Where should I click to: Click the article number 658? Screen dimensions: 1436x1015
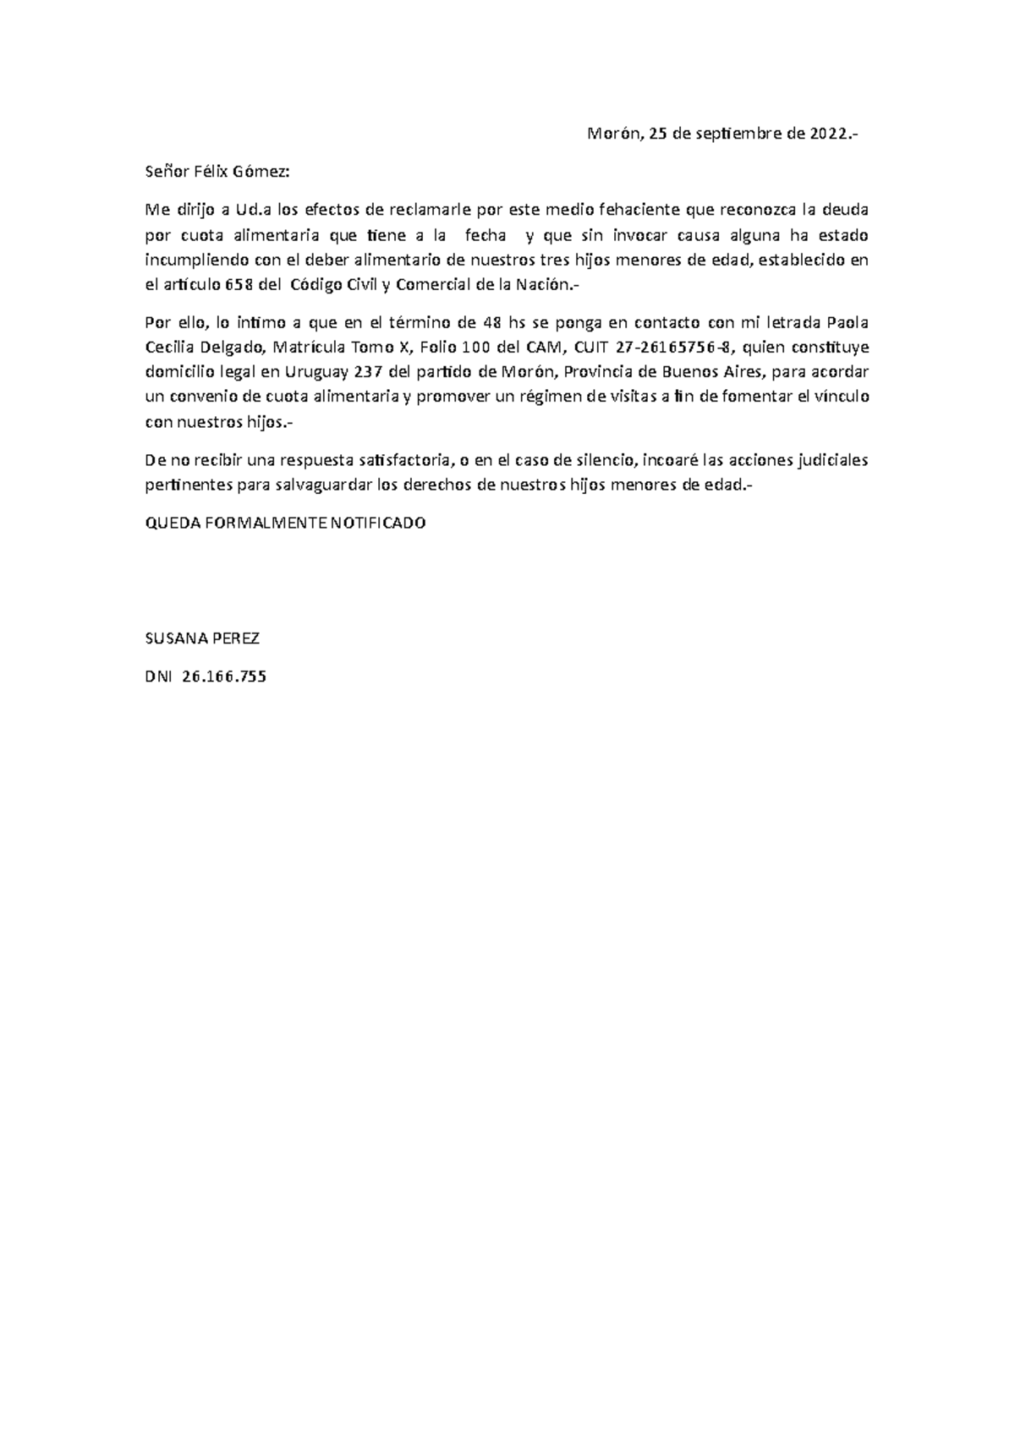[x=239, y=285]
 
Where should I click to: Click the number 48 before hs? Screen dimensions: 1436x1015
[x=490, y=322]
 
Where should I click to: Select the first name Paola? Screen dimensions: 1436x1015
[x=847, y=322]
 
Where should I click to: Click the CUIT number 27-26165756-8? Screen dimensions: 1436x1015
[x=668, y=348]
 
